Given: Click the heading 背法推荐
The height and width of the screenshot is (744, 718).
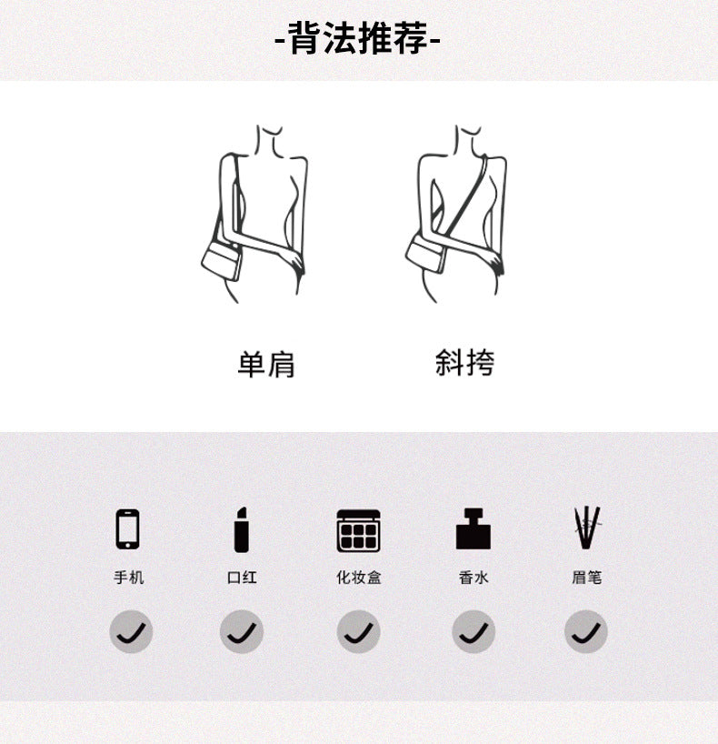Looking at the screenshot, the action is coord(358,38).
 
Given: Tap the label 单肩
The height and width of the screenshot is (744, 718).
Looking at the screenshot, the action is coord(266,364).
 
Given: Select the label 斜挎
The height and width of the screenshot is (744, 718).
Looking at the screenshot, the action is coord(464,363).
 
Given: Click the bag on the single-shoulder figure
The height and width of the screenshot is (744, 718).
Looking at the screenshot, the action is coord(222,261).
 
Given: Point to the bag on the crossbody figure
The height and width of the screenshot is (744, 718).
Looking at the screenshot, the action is coord(425,255).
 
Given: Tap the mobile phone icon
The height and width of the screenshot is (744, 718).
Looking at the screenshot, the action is coord(128,529).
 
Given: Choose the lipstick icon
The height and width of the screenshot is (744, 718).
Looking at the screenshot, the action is coord(242,529).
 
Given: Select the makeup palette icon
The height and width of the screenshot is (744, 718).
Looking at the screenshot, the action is coord(358,530).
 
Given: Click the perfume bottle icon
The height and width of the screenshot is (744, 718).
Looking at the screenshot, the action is coord(474,528).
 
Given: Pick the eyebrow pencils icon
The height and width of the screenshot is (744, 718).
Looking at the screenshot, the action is coord(587,528).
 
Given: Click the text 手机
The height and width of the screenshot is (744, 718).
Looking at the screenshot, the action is coord(128,578).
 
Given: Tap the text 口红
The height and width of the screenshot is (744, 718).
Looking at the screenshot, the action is coord(242,578).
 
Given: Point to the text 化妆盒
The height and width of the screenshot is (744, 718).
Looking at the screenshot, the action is coord(359,578).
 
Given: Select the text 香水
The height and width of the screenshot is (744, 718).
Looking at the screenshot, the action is coord(474,578).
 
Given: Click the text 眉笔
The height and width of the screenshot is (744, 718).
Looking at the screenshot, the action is coord(586,578).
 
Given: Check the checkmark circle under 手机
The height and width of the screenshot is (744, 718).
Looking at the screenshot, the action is coord(132,631).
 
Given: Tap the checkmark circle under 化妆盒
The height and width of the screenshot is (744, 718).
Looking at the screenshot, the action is coord(358,631).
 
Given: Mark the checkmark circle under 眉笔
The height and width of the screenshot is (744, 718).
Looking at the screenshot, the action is coord(586,631).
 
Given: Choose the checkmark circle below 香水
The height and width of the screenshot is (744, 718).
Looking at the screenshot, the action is coord(474,631).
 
